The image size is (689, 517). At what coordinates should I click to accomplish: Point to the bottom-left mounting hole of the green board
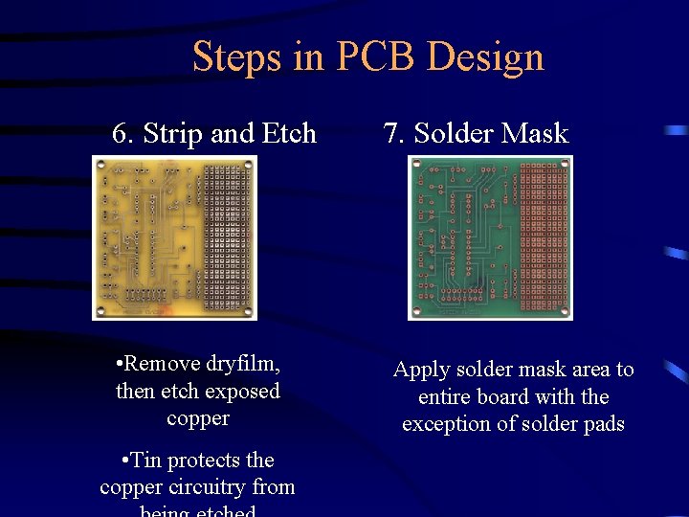click(416, 311)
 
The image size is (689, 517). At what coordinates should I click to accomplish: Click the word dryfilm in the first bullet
click(242, 365)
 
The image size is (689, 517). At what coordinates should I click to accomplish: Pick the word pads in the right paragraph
click(604, 424)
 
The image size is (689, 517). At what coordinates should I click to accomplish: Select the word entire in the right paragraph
click(447, 397)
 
